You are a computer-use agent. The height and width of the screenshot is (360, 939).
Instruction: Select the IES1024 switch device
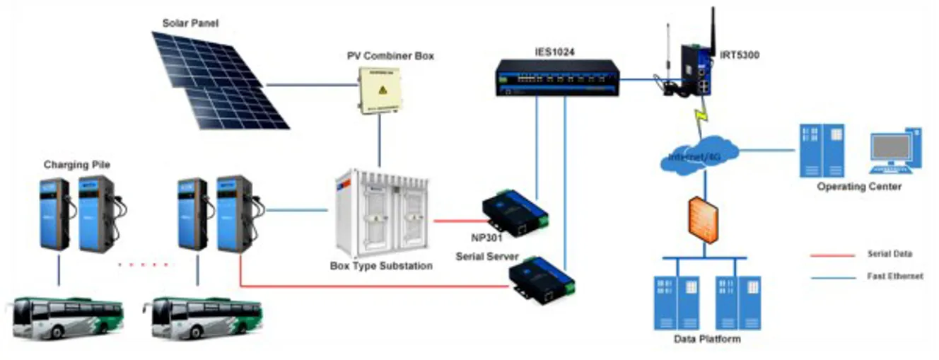pyautogui.click(x=556, y=76)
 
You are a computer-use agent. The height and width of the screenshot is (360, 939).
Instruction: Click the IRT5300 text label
pyautogui.click(x=739, y=54)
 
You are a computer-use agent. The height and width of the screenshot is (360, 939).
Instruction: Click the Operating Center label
pyautogui.click(x=858, y=187)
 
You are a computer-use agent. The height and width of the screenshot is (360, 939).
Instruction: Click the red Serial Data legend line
pyautogui.click(x=833, y=254)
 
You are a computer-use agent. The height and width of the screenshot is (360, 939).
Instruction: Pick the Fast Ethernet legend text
pyautogui.click(x=894, y=277)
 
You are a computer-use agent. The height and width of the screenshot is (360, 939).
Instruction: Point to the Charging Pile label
pyautogui.click(x=77, y=165)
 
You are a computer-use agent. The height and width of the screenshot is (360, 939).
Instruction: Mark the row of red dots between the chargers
pyautogui.click(x=144, y=265)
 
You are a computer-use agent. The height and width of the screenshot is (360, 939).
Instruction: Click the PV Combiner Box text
pyautogui.click(x=390, y=55)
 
